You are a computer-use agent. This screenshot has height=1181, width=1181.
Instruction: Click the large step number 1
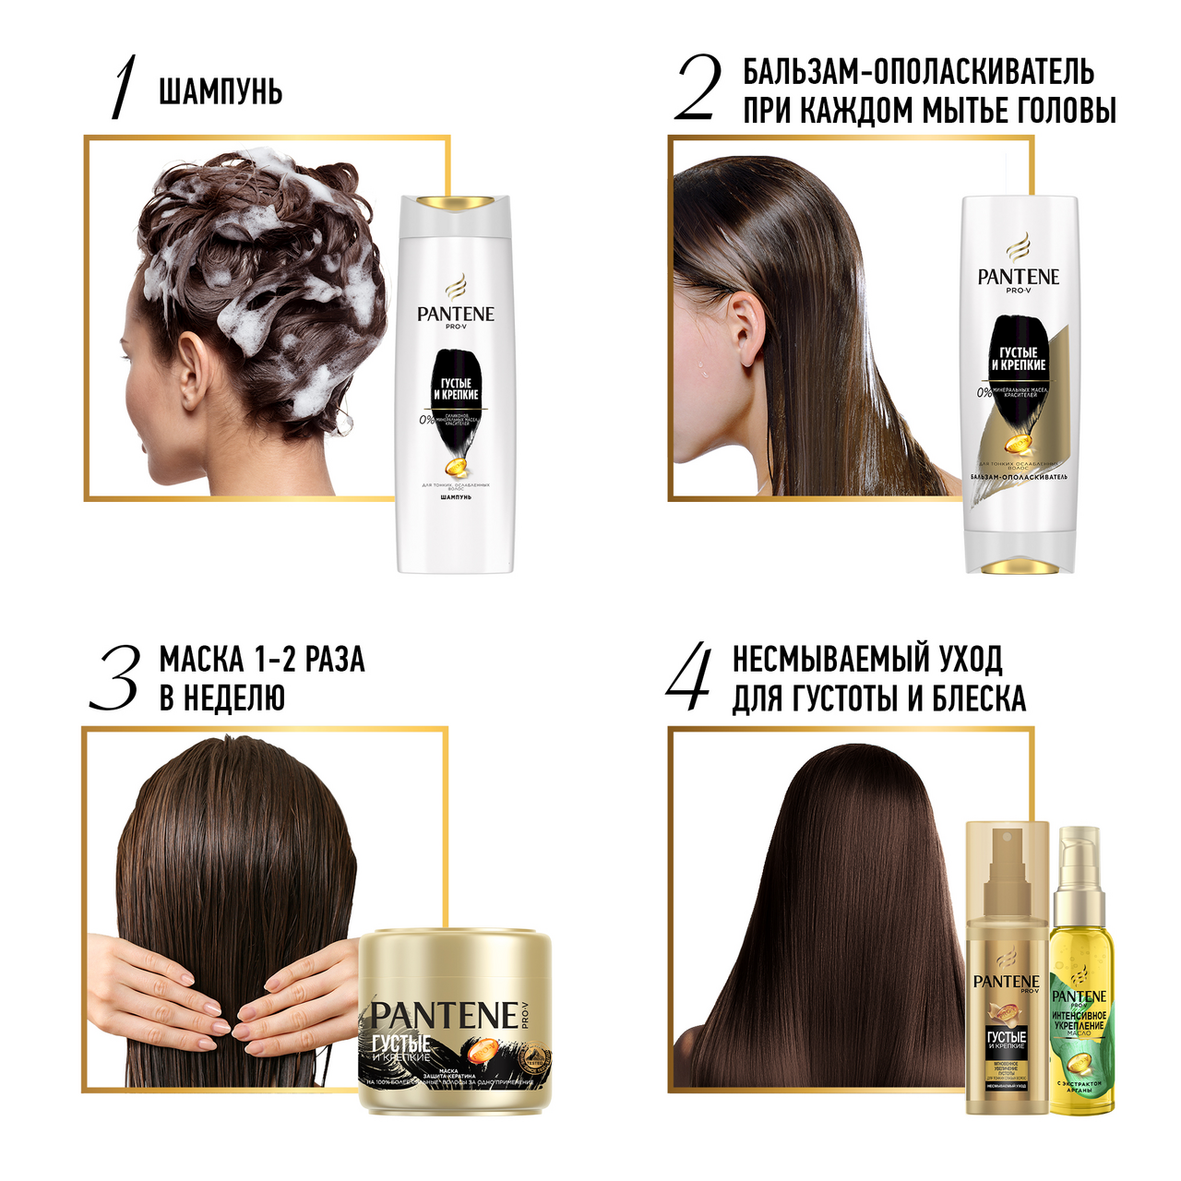[124, 88]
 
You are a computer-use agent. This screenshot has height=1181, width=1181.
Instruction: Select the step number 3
[115, 677]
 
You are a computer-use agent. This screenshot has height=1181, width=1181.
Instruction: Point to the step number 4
[689, 677]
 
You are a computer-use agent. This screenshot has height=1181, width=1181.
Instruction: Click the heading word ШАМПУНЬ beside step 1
[221, 92]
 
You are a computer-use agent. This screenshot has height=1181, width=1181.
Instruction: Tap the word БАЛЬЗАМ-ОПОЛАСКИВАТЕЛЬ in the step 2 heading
[919, 72]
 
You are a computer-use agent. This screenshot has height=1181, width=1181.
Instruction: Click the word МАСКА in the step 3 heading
[202, 660]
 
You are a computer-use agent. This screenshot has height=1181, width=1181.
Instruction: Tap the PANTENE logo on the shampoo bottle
[455, 314]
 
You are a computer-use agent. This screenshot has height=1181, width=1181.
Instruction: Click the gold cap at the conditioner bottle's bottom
[1019, 564]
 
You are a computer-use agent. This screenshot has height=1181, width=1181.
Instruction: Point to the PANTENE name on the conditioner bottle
[1019, 277]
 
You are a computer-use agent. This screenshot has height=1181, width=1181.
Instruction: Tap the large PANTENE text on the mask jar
[445, 1016]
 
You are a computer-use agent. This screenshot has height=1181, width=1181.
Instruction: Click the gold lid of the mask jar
[454, 960]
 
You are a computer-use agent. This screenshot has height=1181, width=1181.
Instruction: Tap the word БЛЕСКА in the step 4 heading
[979, 699]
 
